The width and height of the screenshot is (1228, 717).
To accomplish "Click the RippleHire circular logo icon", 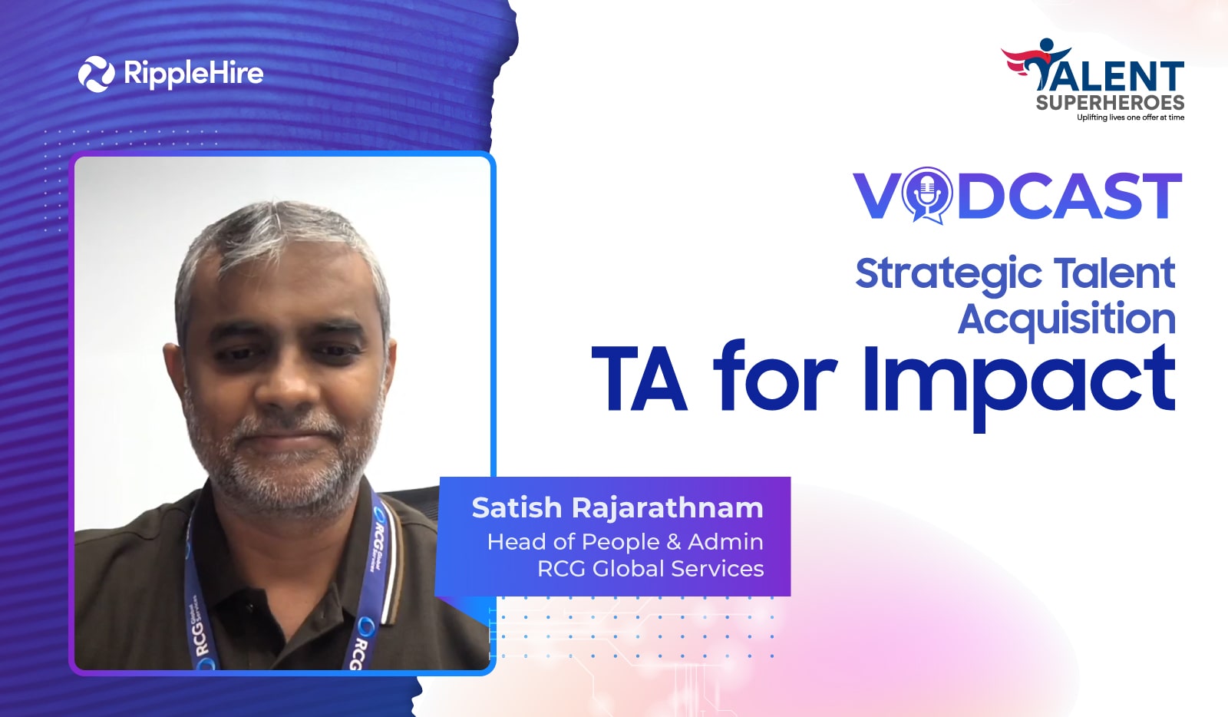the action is click(97, 74).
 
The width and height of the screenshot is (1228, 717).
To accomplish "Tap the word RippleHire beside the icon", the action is click(194, 74).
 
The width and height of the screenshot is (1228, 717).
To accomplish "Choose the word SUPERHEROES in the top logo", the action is click(1110, 103).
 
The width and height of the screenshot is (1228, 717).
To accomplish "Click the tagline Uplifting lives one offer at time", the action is click(1131, 117).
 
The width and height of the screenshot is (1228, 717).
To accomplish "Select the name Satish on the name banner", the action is click(517, 507).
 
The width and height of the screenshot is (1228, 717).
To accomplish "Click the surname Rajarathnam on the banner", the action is click(668, 507).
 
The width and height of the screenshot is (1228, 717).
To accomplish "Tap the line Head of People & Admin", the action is click(626, 542).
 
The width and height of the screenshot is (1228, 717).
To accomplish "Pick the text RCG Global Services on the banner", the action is click(651, 569).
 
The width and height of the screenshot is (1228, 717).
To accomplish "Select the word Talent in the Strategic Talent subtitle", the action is click(1115, 273).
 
